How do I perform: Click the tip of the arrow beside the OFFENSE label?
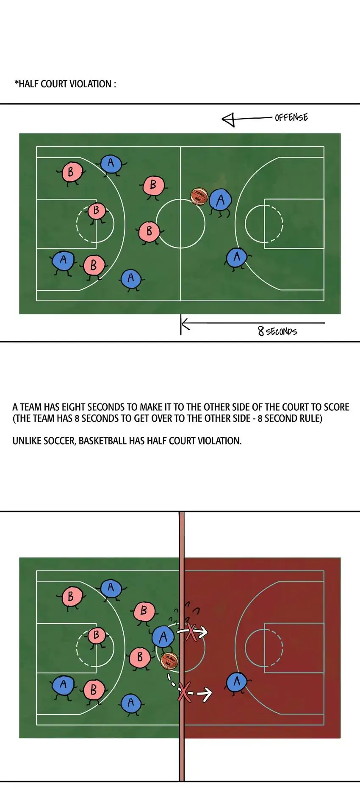tap(222, 120)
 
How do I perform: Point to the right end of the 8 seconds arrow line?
tap(325, 323)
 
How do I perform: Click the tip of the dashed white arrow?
tap(211, 694)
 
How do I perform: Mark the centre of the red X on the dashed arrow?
tap(184, 692)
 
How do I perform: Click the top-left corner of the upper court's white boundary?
tap(36, 147)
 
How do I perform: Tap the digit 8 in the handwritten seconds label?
tap(261, 331)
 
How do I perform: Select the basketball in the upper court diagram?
tap(199, 197)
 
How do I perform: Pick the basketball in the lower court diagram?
tap(169, 661)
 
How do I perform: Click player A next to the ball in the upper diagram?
tap(220, 200)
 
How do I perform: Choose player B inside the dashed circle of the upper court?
tap(97, 211)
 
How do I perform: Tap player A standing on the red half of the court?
tap(236, 682)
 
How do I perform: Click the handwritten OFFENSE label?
tap(291, 117)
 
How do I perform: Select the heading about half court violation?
tap(65, 84)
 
